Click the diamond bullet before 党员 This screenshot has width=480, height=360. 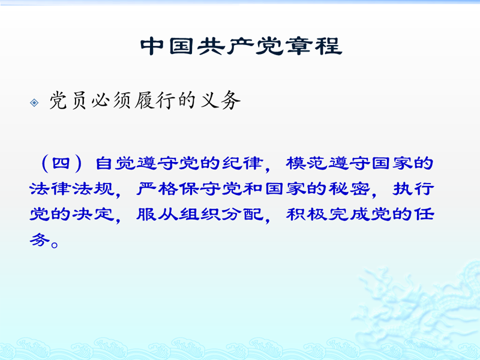[34, 103]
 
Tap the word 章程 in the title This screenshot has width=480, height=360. [314, 47]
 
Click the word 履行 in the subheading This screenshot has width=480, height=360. [154, 100]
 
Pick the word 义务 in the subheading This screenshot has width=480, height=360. [221, 100]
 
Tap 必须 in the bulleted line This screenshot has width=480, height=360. [111, 100]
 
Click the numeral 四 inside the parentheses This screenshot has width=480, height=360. [61, 163]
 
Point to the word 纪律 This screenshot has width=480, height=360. [243, 163]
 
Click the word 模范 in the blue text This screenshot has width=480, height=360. [307, 163]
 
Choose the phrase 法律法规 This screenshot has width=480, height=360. [72, 188]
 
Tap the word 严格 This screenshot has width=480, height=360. [157, 188]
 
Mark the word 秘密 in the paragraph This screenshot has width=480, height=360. [349, 188]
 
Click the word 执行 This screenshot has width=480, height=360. [413, 188]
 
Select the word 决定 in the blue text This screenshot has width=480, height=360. [94, 214]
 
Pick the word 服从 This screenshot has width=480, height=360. [157, 214]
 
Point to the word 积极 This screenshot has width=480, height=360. [307, 214]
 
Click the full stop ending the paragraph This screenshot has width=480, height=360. [55, 245]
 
